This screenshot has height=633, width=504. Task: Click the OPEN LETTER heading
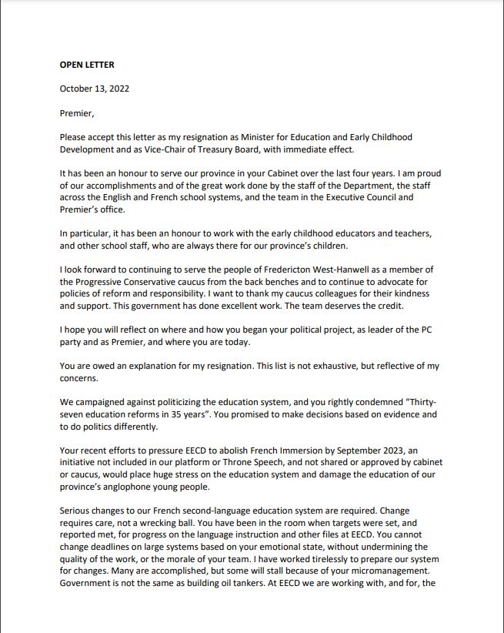click(87, 65)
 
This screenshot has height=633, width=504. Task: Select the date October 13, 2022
click(95, 89)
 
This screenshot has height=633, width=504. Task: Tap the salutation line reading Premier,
click(77, 113)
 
